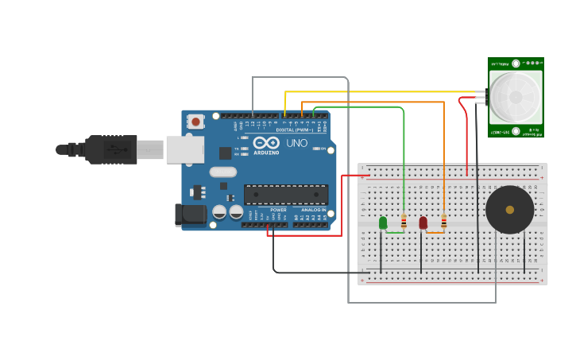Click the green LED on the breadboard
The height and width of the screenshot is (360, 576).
[383, 223]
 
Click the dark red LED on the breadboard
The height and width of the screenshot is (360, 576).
[423, 223]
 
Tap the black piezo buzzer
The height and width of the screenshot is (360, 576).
[509, 210]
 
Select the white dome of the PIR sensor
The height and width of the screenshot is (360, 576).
[516, 96]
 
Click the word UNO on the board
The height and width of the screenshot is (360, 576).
[296, 143]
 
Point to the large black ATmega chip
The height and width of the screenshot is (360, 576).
[285, 194]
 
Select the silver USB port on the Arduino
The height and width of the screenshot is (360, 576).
[184, 149]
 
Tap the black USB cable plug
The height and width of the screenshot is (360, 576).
[110, 149]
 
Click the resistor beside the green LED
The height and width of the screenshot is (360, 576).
[404, 222]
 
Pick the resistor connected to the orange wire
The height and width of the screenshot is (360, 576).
[443, 222]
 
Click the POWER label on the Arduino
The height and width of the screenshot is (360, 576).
[278, 210]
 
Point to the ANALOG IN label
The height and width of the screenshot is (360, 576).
[313, 210]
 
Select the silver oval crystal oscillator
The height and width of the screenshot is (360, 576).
[223, 172]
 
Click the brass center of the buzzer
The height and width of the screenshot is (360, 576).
[509, 210]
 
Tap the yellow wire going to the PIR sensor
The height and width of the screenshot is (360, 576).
[381, 92]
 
